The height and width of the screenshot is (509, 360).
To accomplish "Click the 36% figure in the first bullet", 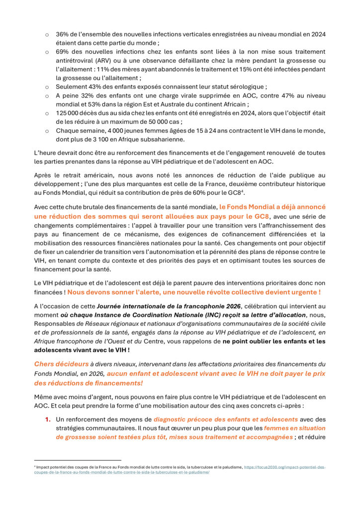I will pyautogui.click(x=62, y=35).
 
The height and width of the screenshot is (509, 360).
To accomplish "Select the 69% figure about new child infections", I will pyautogui.click(x=62, y=52).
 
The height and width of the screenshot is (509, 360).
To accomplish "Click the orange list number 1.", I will pyautogui.click(x=48, y=420).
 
